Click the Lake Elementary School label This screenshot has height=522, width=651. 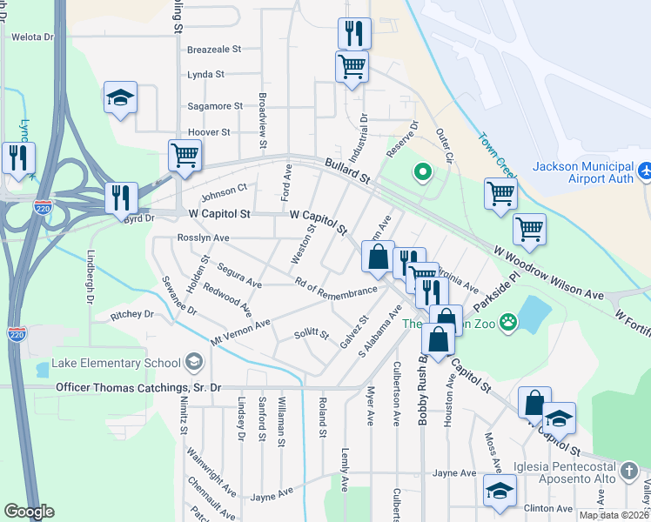point(116,363)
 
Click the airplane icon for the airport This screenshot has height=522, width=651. point(644,171)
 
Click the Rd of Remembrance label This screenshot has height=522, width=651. point(335,286)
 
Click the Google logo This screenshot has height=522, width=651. point(29,512)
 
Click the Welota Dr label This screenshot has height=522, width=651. point(31,37)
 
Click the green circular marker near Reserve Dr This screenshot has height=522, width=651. point(423,172)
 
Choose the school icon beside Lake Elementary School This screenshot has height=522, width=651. point(193,363)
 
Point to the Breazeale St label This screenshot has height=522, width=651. point(213,50)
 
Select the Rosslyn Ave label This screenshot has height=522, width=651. point(203,238)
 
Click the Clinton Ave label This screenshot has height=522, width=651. point(548,508)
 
